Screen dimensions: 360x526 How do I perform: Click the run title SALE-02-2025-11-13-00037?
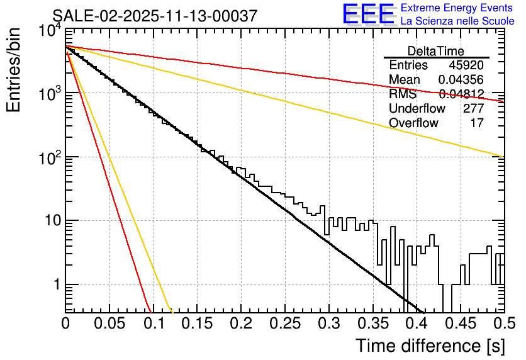click(155, 16)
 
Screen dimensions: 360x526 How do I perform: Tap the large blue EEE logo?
click(368, 14)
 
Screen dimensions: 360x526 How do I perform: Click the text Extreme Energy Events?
click(457, 8)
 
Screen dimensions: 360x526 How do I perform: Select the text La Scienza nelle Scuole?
click(457, 21)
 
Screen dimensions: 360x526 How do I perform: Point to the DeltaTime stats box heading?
click(436, 51)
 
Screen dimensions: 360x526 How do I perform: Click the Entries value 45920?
click(466, 65)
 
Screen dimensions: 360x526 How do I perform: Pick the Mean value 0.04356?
click(461, 80)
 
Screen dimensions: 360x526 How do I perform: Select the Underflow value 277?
click(473, 109)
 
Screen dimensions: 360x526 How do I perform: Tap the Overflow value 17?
click(477, 123)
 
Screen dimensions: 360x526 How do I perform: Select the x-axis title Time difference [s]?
click(429, 346)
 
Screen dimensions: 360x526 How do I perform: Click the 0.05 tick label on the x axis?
click(109, 323)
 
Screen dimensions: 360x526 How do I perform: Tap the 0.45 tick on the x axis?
click(461, 323)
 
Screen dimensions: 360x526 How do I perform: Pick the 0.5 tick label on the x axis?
click(504, 323)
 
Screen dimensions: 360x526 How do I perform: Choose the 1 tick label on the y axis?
click(55, 284)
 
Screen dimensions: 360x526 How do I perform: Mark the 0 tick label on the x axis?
click(65, 323)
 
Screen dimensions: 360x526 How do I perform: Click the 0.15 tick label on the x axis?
click(197, 323)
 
